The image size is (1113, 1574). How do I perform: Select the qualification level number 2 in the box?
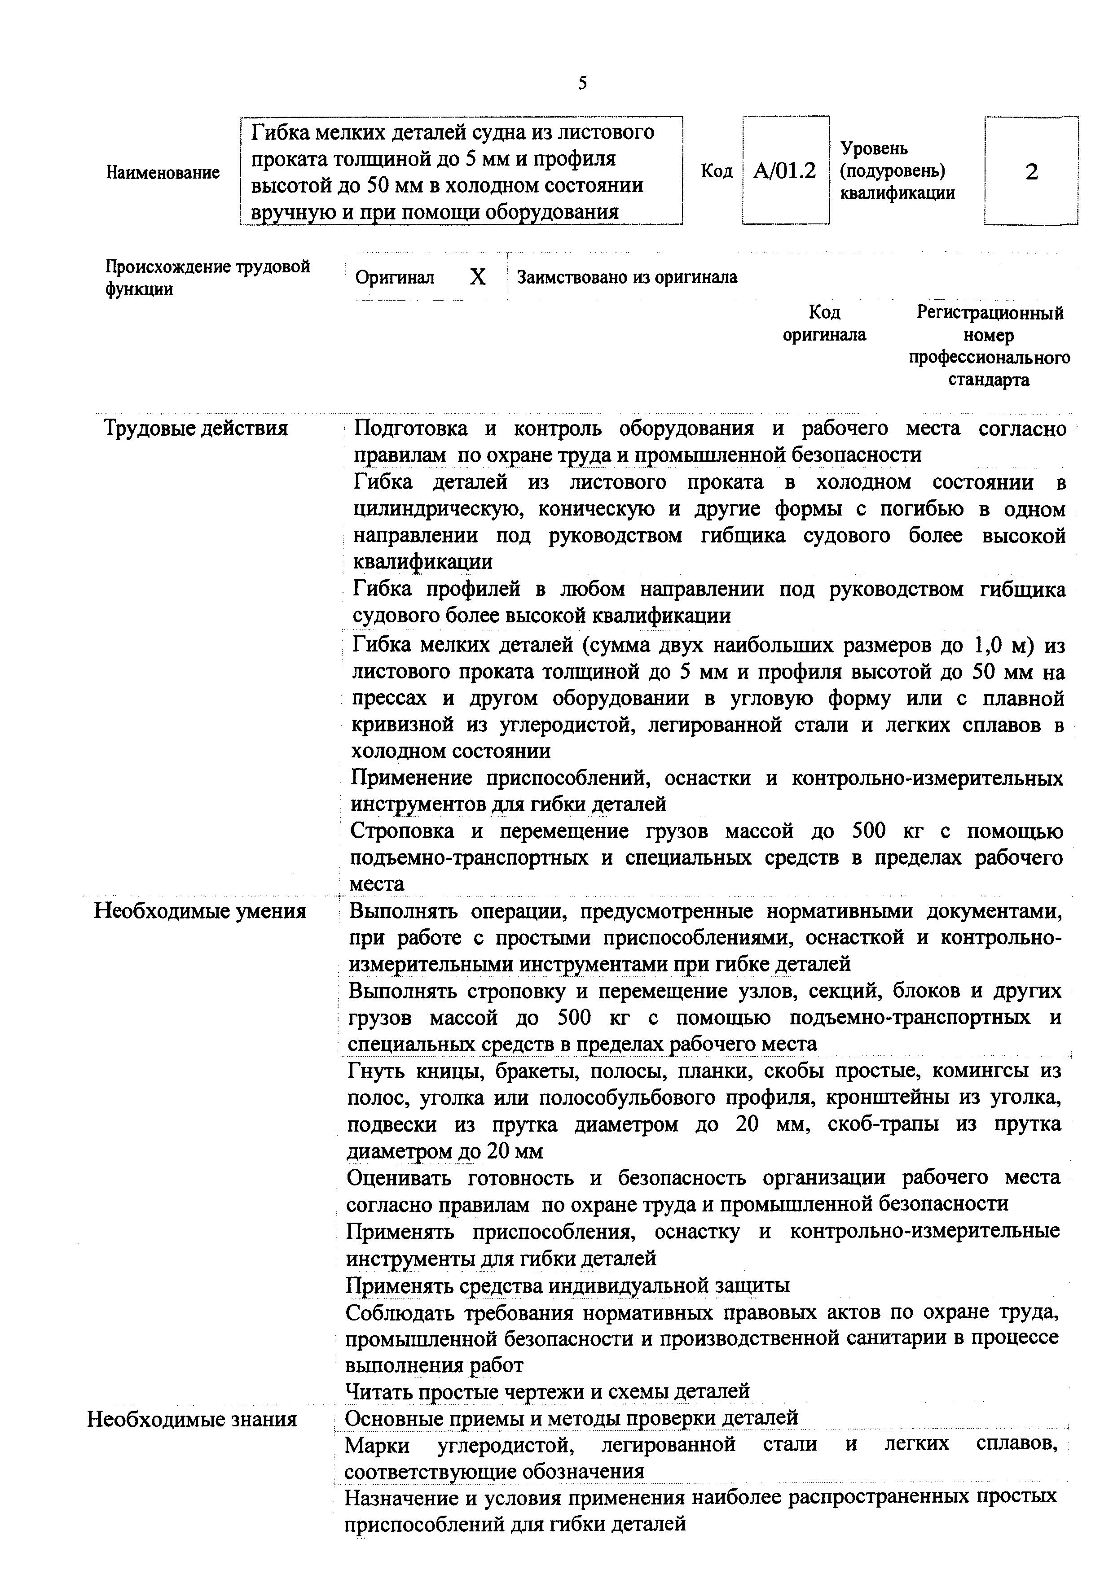[1031, 171]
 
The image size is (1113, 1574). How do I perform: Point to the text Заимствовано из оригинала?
[627, 278]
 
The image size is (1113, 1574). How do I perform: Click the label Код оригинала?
[824, 324]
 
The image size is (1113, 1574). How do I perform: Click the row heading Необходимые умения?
[199, 912]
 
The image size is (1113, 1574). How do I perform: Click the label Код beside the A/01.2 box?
[717, 171]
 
